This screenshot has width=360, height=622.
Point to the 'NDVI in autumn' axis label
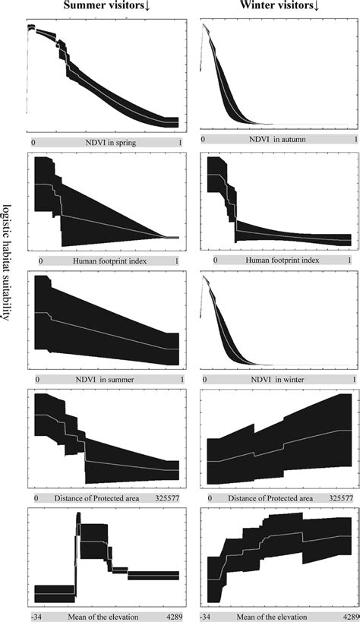pos(276,141)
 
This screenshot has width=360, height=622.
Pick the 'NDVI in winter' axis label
pos(276,379)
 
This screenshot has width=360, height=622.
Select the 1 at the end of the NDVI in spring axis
pos(179,142)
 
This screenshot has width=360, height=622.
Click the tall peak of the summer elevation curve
pos(78,517)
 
